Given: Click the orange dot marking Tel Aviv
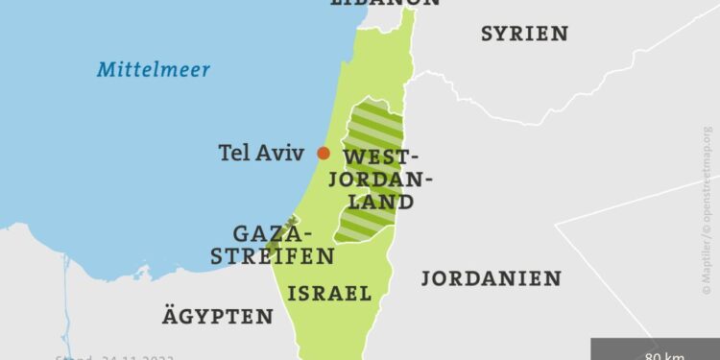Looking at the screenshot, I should (x=324, y=153).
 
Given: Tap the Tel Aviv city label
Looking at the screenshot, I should (x=261, y=153).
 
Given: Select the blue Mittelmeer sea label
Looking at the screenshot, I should (x=154, y=70).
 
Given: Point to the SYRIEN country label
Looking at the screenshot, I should (x=524, y=34).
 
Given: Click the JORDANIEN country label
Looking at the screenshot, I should (x=491, y=278).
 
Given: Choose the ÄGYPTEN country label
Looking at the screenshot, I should (x=217, y=316).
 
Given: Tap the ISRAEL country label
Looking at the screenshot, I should (x=329, y=294).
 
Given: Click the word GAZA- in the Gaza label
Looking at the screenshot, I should (x=275, y=234).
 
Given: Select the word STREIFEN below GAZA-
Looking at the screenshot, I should (x=273, y=256).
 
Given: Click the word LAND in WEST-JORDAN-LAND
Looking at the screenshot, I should (x=382, y=202).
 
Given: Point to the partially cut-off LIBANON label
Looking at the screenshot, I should (x=384, y=3).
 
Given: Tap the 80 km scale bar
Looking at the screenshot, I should (x=653, y=350).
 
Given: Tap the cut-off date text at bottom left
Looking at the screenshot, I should (x=101, y=356).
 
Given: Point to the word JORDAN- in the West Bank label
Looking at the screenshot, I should (x=388, y=180).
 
